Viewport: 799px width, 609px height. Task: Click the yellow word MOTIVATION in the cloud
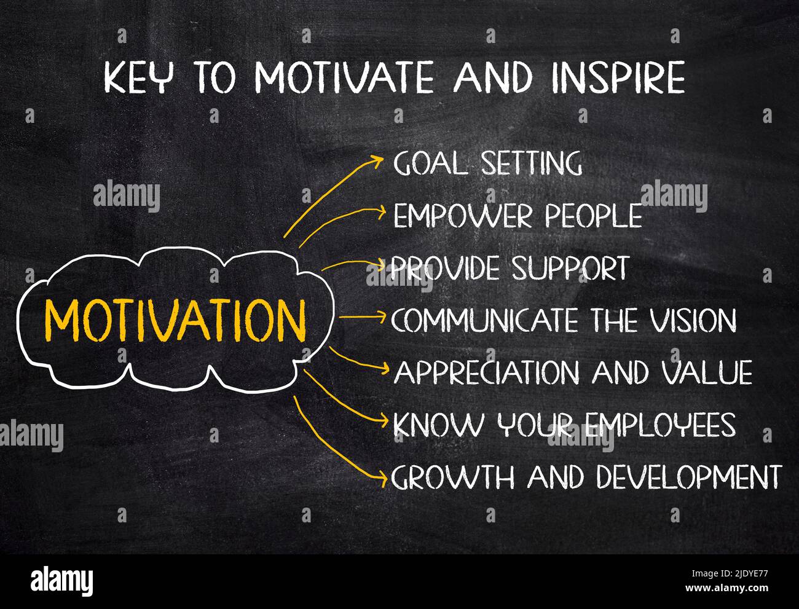[x=175, y=320]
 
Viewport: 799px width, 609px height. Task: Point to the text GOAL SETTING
[x=487, y=163]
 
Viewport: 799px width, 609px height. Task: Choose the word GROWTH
[x=453, y=477]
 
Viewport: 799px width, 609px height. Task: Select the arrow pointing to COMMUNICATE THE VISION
[x=362, y=317]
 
